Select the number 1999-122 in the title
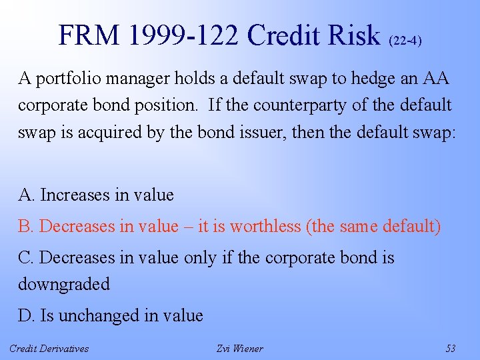[x=181, y=35]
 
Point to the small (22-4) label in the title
[x=405, y=40]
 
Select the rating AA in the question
[x=436, y=79]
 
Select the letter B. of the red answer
[x=26, y=226]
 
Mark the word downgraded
[x=64, y=284]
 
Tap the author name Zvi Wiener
[x=240, y=348]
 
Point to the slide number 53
[x=451, y=348]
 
